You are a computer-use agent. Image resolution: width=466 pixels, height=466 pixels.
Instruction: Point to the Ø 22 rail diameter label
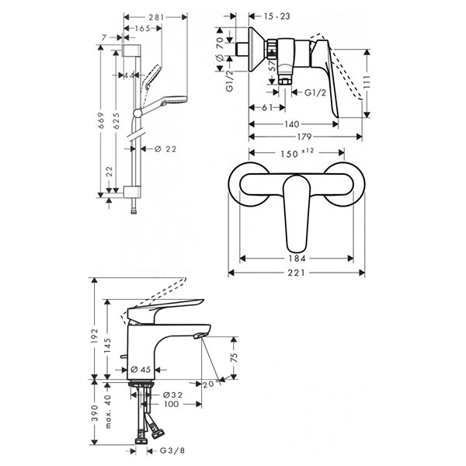pos(163,149)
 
